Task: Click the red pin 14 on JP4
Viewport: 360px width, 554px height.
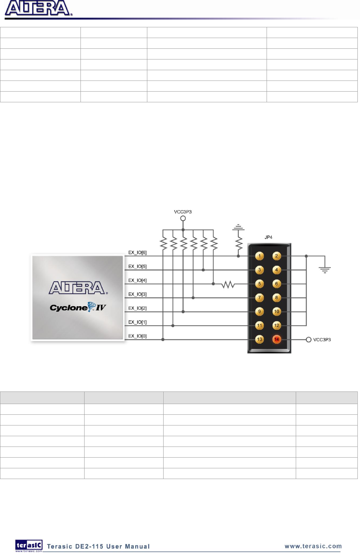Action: tap(277, 339)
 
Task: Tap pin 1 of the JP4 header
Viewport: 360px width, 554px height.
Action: tap(260, 256)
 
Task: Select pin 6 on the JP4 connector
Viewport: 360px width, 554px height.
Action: tap(277, 284)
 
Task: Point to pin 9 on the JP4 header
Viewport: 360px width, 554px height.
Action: tap(260, 312)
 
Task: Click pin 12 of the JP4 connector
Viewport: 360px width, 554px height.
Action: tap(277, 325)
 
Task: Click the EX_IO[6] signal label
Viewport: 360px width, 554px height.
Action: tap(137, 253)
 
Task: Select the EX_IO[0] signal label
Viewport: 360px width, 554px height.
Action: tap(137, 336)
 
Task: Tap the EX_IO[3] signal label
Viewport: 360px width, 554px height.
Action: tap(137, 294)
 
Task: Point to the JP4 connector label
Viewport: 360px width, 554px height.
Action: tap(268, 237)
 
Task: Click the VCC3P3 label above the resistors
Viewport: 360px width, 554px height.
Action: tap(183, 212)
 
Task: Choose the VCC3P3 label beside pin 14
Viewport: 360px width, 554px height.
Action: tap(322, 340)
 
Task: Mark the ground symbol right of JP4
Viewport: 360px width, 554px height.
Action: tap(325, 270)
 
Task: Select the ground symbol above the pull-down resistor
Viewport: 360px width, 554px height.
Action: tap(239, 227)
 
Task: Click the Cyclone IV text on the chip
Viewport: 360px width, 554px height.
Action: tap(78, 308)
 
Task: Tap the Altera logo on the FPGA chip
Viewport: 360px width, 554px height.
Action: tap(78, 288)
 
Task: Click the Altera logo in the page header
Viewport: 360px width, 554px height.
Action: tap(38, 8)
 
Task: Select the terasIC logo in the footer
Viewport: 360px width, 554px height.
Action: tap(29, 546)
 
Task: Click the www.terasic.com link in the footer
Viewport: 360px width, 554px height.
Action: tap(313, 546)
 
